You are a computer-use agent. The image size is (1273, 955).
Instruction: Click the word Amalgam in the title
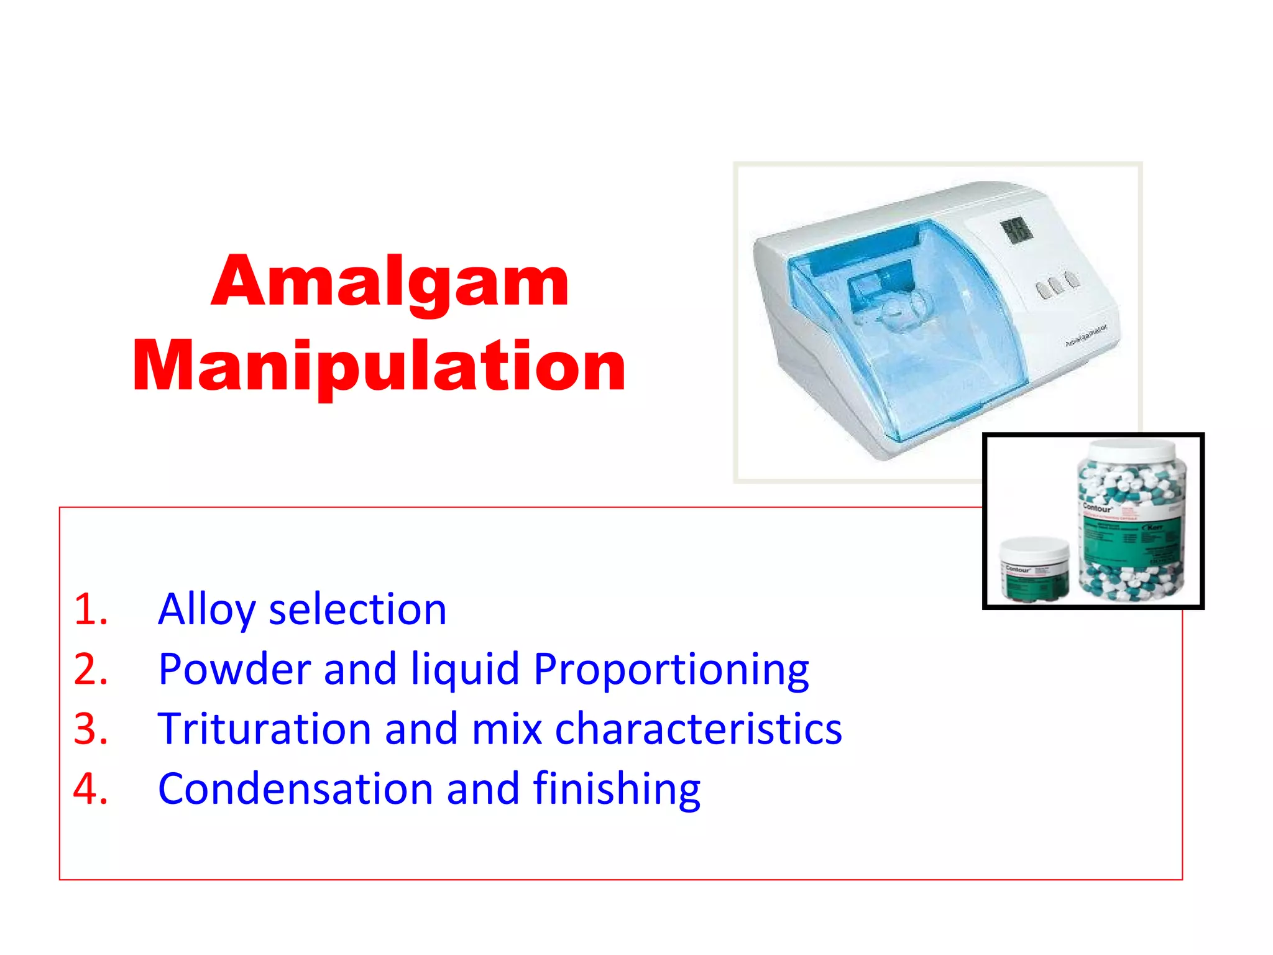(390, 283)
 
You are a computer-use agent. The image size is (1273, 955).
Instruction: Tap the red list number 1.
(91, 609)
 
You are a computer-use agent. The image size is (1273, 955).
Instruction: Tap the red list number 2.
(91, 670)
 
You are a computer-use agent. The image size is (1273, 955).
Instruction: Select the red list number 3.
(91, 729)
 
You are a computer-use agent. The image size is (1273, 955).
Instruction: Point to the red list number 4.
(91, 789)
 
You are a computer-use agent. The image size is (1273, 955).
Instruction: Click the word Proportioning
(671, 670)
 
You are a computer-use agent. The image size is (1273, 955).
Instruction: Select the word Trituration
(265, 729)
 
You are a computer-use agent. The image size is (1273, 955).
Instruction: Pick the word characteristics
(698, 729)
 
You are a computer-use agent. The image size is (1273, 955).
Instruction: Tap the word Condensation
(295, 789)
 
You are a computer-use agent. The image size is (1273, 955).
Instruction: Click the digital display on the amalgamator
(1016, 231)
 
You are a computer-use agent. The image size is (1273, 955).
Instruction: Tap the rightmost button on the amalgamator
(1072, 280)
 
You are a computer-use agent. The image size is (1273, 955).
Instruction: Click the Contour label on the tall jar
(1097, 508)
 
